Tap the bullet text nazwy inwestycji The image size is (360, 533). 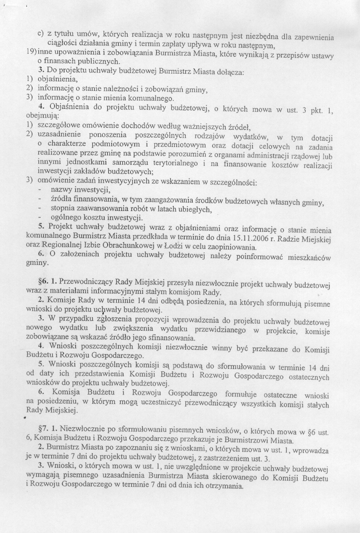tap(80, 189)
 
